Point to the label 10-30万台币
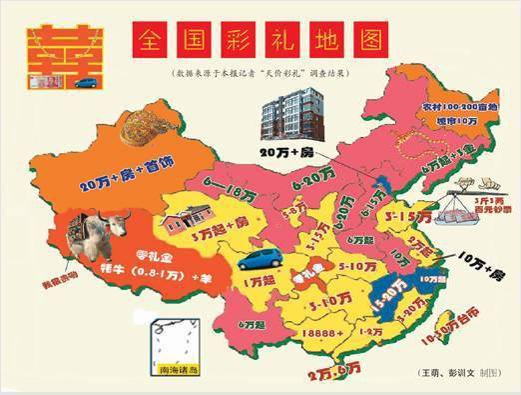coord(445,345)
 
